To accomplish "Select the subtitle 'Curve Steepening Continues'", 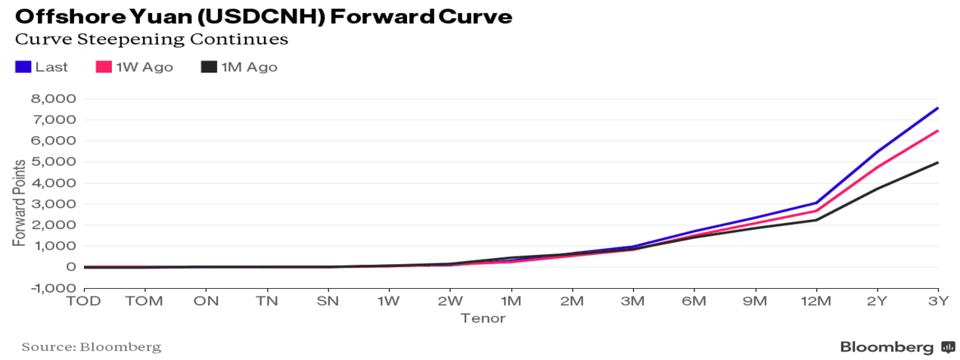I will (x=151, y=39).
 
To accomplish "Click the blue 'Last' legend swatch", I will (x=23, y=67).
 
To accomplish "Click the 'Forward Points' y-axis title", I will (x=18, y=201).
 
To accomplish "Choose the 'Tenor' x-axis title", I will (x=483, y=319).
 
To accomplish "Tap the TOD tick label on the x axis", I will (x=84, y=302).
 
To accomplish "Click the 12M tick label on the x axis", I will (x=816, y=302).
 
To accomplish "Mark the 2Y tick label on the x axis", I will (x=878, y=302).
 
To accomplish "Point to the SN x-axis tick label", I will (x=328, y=302).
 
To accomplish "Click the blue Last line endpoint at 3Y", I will (x=938, y=108).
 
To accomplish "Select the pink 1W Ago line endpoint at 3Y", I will (x=938, y=131).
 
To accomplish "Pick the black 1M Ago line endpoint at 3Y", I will (x=938, y=163).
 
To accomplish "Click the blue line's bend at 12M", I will (x=816, y=203).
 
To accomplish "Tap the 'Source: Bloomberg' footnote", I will (x=91, y=347).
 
